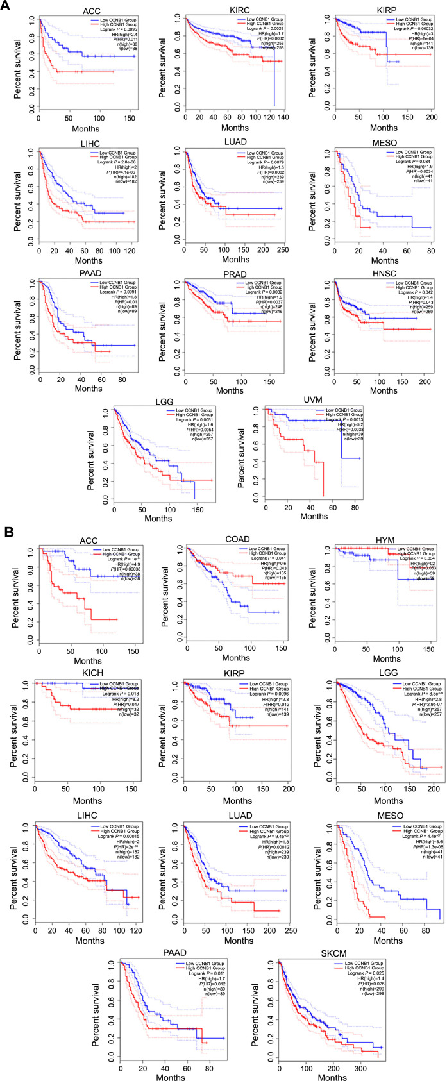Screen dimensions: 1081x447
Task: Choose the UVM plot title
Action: [x=314, y=400]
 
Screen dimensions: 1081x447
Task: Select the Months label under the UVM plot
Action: [x=314, y=516]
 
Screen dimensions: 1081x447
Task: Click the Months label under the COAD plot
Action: [x=236, y=658]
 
